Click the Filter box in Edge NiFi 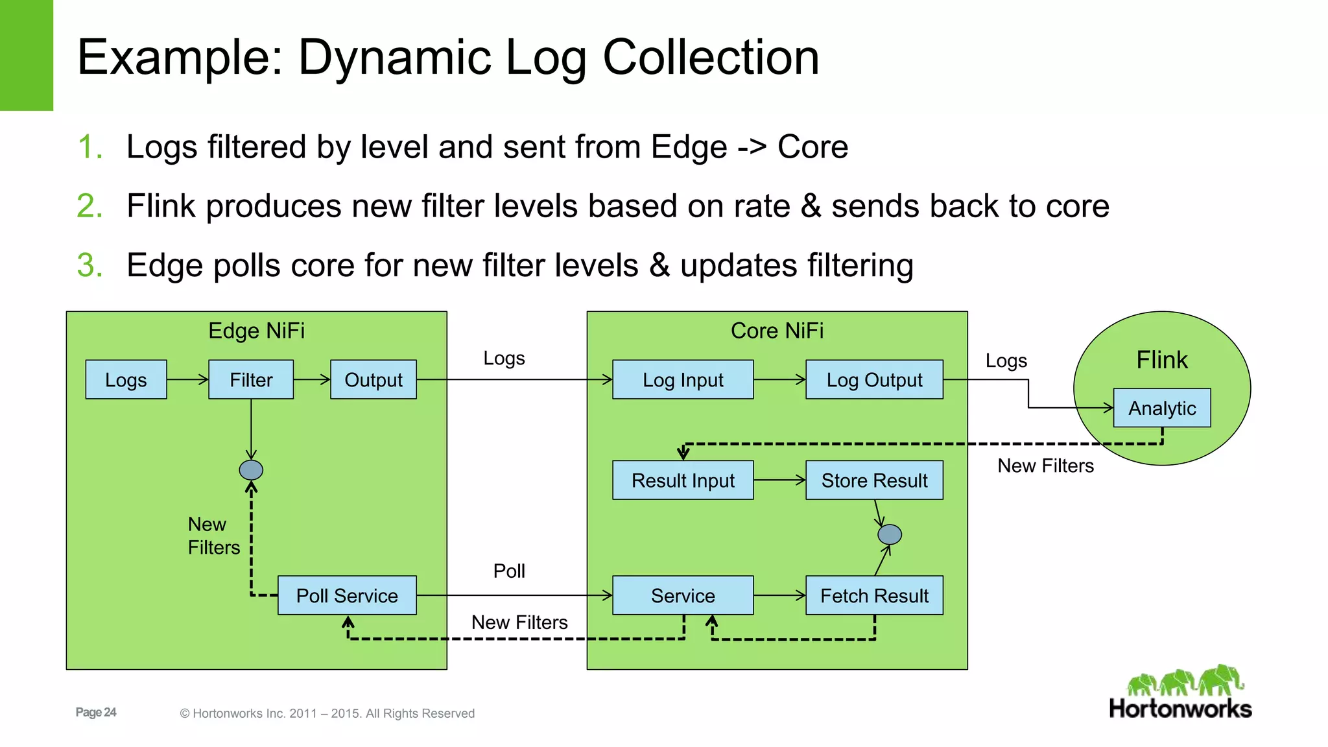pos(251,379)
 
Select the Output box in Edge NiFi pos(373,379)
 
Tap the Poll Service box pos(347,595)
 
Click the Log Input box pos(683,379)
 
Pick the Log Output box pos(874,379)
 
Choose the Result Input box pos(683,480)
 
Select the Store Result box pos(874,480)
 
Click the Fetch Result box pos(874,595)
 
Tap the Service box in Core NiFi pos(683,595)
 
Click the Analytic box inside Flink pos(1162,408)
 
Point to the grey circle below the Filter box pos(251,469)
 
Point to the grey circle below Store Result pos(890,534)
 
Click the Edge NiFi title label pos(256,331)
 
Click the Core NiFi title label pos(777,331)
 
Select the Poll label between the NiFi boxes pos(509,571)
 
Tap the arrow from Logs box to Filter pos(187,379)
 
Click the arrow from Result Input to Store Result pos(779,480)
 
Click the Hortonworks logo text pos(1180,708)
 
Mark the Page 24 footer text pos(96,712)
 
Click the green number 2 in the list pos(89,206)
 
